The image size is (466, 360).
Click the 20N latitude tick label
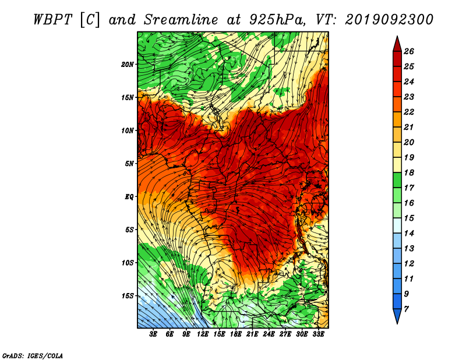click(x=127, y=65)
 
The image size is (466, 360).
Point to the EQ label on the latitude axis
click(x=129, y=197)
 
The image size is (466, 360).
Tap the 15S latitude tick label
click(x=128, y=296)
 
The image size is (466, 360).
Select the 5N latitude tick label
click(x=129, y=164)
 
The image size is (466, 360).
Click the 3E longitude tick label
click(x=153, y=334)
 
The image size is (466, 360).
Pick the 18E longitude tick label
click(x=236, y=334)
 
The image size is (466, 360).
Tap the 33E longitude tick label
click(x=318, y=334)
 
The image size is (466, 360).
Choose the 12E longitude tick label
click(x=203, y=334)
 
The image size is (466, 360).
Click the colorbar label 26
click(x=409, y=52)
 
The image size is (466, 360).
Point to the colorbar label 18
click(x=409, y=173)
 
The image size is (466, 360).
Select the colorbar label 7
click(x=407, y=309)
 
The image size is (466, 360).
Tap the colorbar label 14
click(x=409, y=234)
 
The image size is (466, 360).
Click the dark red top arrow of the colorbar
click(x=397, y=45)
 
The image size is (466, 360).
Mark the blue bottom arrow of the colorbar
click(x=397, y=316)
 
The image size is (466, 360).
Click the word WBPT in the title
click(x=52, y=20)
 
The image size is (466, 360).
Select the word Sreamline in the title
click(x=181, y=20)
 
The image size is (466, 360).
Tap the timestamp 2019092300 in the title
click(x=389, y=20)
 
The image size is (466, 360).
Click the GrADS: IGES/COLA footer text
click(x=33, y=356)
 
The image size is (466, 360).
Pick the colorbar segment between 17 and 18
click(x=397, y=180)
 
